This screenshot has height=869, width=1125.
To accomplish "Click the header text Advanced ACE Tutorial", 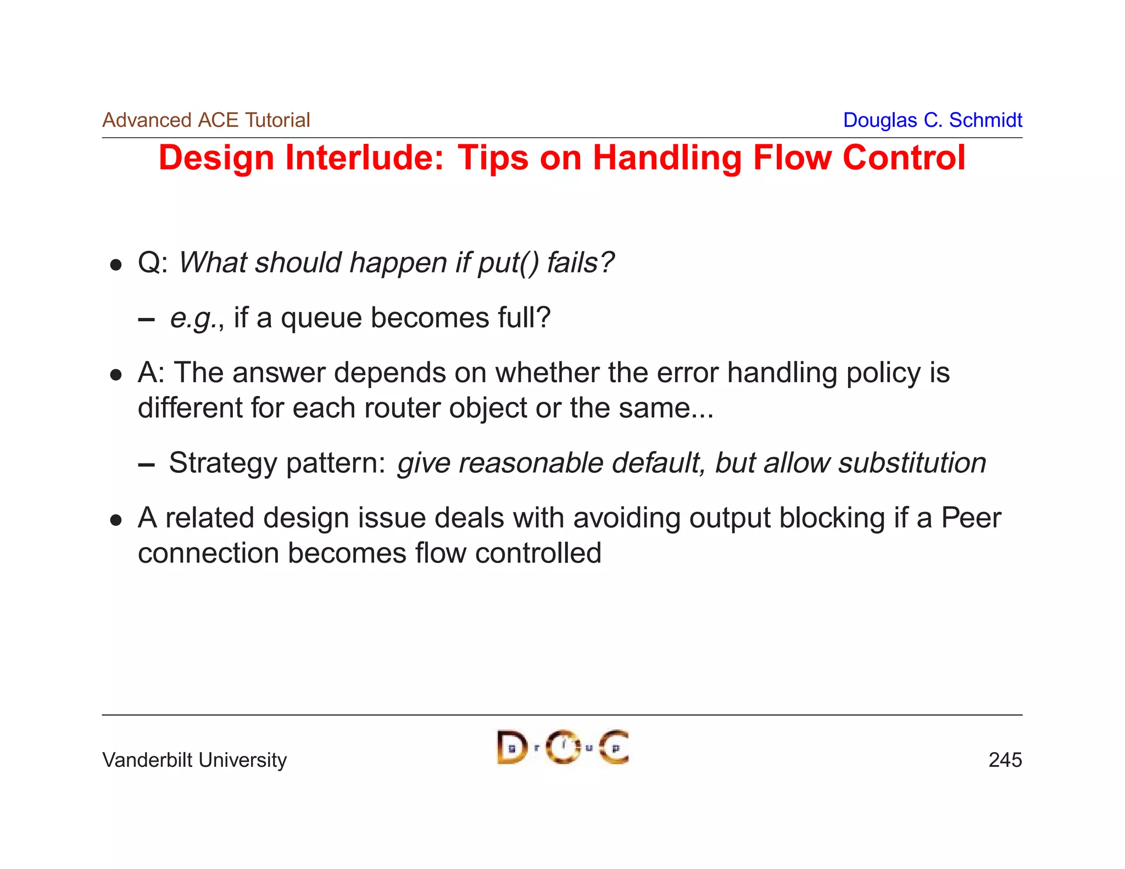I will (x=206, y=120).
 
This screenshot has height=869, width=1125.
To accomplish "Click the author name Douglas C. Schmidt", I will (x=932, y=120).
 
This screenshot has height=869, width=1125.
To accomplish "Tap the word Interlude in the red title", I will (x=364, y=158).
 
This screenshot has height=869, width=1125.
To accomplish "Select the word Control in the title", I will (x=904, y=158).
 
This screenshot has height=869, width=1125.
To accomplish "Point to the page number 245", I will (x=1005, y=760).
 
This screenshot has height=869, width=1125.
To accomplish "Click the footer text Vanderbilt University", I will (x=194, y=760).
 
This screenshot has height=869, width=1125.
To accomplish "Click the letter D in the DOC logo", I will (x=511, y=748).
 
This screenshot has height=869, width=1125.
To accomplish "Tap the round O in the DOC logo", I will (x=563, y=748).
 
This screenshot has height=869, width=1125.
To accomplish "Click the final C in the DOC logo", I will (x=614, y=748).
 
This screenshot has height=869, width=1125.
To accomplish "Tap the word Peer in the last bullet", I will (x=971, y=517).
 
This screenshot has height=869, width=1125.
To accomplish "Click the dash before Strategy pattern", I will (x=146, y=465).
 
